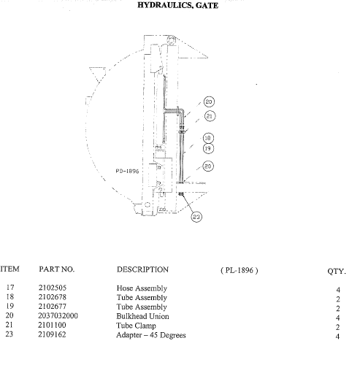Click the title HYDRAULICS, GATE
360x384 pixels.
click(x=177, y=5)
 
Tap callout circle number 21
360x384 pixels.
click(x=210, y=116)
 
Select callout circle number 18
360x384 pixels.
click(x=208, y=138)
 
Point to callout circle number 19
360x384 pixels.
click(x=208, y=148)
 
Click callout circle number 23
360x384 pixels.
click(x=196, y=217)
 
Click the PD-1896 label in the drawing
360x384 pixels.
click(x=127, y=171)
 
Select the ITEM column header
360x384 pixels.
click(x=9, y=269)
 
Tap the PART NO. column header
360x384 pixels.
click(x=56, y=269)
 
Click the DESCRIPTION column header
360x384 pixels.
click(x=142, y=269)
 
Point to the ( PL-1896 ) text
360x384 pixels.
click(x=240, y=270)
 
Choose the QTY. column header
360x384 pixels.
click(x=337, y=272)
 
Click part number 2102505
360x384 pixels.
click(x=53, y=288)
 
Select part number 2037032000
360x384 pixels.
click(x=58, y=315)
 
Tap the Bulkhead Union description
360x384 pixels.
click(x=143, y=316)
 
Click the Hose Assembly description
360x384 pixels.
click(x=142, y=288)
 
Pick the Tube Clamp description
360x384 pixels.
click(x=136, y=326)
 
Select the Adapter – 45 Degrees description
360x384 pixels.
click(x=151, y=335)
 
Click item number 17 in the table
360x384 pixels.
click(x=10, y=287)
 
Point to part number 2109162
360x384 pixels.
click(x=52, y=334)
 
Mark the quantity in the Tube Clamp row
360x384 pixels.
click(x=337, y=327)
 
